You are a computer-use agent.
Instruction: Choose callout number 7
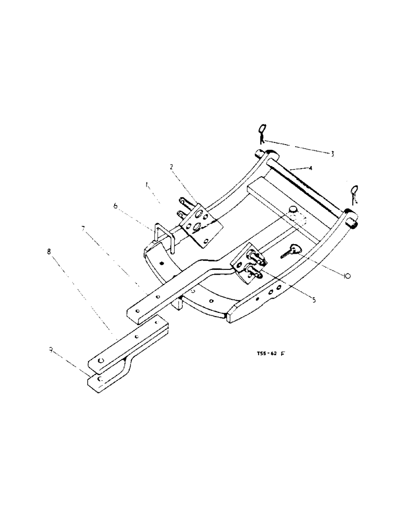point(83,228)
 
